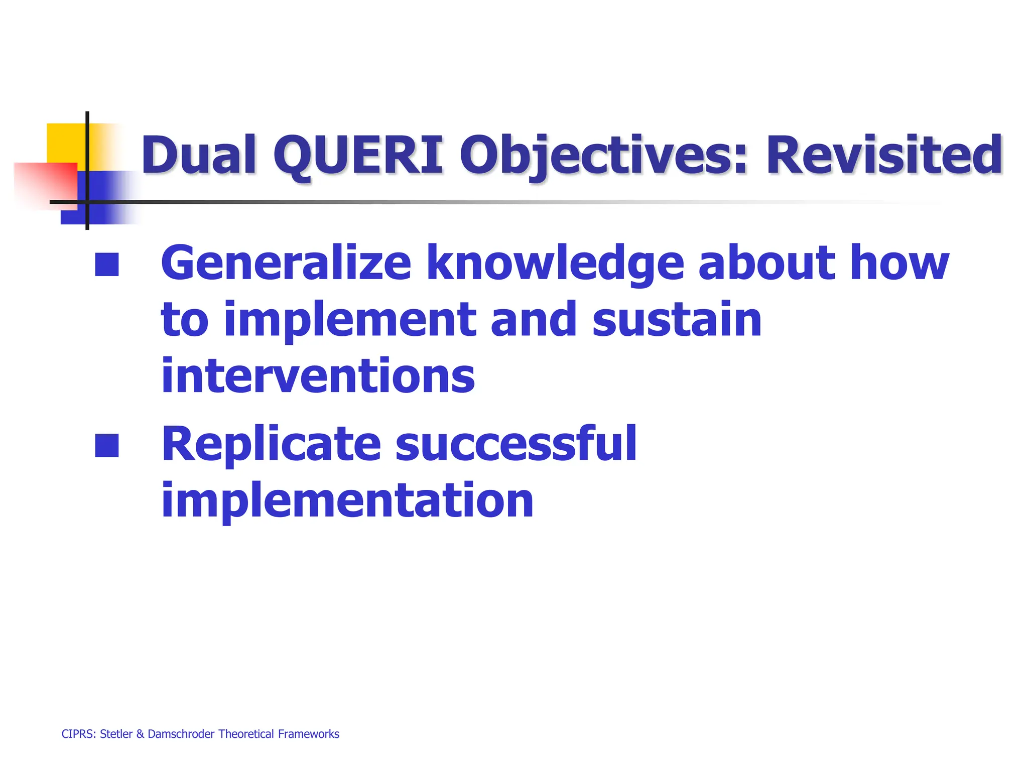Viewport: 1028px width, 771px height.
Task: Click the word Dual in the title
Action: point(199,155)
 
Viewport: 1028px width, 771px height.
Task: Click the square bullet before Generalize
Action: point(107,265)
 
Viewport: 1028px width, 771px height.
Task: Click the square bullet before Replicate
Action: point(107,445)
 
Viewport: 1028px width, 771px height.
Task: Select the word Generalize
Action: point(286,263)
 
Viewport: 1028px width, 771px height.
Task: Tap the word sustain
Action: point(677,319)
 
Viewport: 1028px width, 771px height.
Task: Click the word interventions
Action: point(318,376)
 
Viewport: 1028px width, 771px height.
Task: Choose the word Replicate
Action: point(272,444)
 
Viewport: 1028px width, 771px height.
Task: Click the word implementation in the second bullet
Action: point(347,500)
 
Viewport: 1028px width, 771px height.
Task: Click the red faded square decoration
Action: point(45,183)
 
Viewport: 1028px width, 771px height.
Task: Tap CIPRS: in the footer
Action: point(78,734)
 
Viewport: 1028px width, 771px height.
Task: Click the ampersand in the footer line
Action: point(140,734)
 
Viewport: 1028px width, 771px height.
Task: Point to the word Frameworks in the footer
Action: point(309,734)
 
